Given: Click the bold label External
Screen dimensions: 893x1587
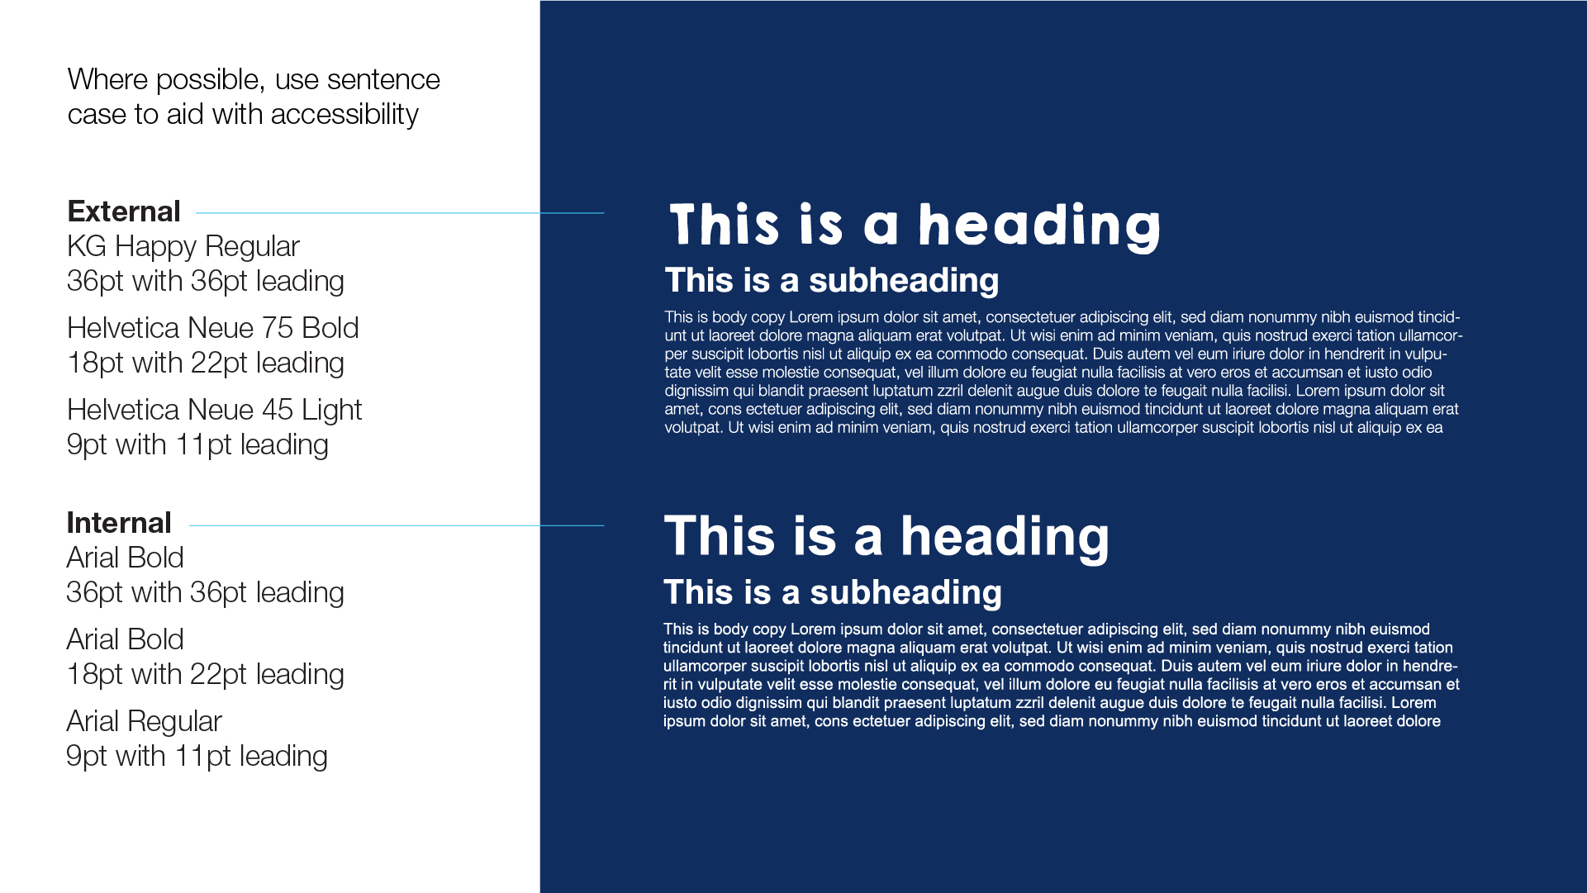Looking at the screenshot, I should point(124,211).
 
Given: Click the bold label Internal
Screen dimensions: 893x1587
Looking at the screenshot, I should point(119,523).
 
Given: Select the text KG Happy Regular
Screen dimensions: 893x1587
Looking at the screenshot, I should point(183,246).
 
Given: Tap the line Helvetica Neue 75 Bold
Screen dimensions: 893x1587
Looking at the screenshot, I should point(212,328).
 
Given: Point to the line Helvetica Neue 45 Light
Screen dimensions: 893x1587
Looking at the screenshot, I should point(214,410).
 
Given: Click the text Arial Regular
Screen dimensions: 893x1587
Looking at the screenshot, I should point(144,721).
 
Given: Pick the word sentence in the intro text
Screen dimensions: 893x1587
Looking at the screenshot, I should point(383,79).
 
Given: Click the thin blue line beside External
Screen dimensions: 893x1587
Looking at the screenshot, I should point(400,213).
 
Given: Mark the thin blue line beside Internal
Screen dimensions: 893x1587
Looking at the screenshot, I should point(397,525).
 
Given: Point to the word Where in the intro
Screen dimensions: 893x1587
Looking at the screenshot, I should point(107,79).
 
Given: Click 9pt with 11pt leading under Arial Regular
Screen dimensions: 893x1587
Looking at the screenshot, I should point(197,756).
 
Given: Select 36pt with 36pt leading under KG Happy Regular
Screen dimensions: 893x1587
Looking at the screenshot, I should point(205,281).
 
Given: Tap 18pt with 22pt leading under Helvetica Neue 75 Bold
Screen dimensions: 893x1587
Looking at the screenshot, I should point(205,363).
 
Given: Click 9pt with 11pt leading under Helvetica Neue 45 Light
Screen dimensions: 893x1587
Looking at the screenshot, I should point(197,444).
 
